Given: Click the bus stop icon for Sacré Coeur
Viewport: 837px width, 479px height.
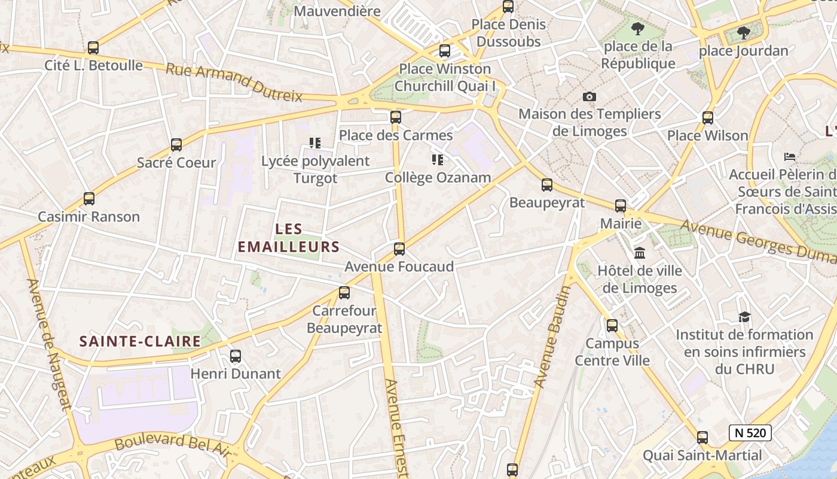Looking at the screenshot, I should [176, 144].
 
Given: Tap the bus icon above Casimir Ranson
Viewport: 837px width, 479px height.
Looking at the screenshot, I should [89, 199].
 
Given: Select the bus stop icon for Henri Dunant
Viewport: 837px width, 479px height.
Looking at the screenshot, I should [236, 356].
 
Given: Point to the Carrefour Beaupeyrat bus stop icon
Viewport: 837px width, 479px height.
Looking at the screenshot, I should [344, 293].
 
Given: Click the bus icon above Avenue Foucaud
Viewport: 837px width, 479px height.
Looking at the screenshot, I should [399, 249].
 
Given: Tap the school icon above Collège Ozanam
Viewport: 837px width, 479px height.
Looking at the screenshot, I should [438, 160].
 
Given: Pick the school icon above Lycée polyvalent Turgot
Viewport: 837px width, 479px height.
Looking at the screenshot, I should [315, 143].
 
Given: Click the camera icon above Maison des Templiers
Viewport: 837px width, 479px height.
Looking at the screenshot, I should [589, 96].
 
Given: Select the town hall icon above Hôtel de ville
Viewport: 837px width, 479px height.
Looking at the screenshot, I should [640, 253].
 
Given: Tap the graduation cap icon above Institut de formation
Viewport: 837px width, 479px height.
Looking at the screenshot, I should [744, 317].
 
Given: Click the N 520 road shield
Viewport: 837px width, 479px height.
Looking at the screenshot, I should [750, 432].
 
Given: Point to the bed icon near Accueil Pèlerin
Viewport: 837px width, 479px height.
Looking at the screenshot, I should [790, 157].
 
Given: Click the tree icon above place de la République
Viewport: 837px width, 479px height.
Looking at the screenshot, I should [638, 28].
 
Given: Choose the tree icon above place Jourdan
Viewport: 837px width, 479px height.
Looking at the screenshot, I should [743, 33].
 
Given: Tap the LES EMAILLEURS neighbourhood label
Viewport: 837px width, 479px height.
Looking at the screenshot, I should [289, 238].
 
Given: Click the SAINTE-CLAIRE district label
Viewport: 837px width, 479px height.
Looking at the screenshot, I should [140, 341].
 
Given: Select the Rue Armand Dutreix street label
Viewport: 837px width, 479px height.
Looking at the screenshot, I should [234, 82].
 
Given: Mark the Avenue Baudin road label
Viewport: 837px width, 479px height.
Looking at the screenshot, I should [551, 335].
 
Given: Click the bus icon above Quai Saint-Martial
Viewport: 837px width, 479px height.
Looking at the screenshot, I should [702, 438].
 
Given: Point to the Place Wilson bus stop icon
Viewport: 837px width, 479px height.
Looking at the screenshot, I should [708, 118].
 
